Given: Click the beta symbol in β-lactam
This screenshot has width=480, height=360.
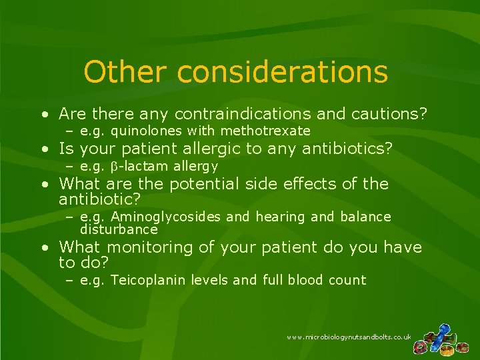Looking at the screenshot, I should pos(113,167).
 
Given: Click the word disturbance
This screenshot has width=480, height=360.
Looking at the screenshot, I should pos(118,229).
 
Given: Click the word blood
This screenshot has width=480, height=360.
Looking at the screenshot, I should pos(305,280).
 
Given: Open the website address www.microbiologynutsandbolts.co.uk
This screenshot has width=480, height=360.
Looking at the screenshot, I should pos(349,338).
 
